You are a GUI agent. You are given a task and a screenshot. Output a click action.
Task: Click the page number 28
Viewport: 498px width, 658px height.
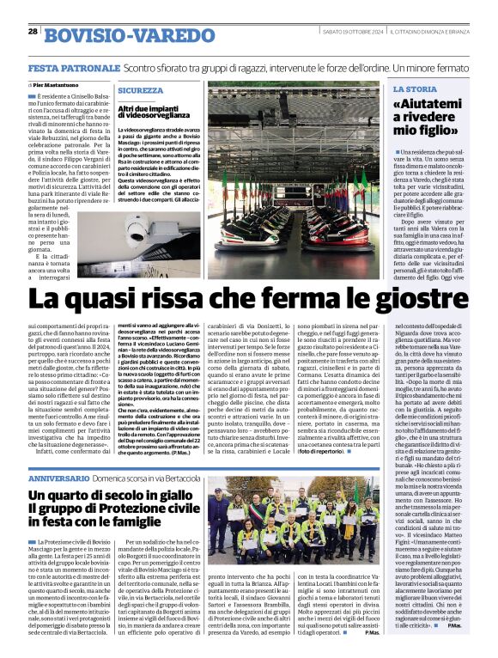pyautogui.click(x=32, y=32)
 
